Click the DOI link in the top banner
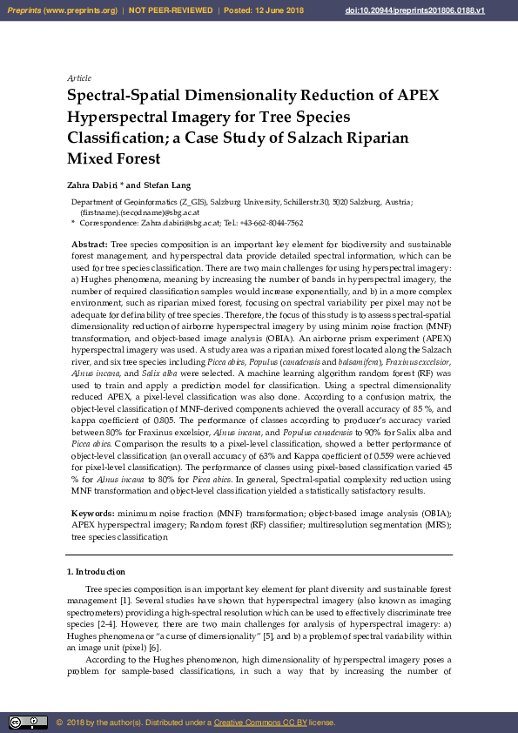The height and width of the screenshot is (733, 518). (439, 10)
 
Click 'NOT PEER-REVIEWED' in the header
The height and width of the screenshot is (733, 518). (171, 10)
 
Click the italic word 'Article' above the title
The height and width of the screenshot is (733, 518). (79, 78)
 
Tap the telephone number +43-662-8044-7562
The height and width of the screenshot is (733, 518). (271, 222)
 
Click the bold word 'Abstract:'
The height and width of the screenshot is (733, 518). (90, 245)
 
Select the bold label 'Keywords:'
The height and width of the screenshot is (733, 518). (93, 515)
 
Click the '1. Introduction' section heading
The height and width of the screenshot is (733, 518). (97, 572)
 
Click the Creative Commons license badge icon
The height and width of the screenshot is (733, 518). (28, 722)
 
